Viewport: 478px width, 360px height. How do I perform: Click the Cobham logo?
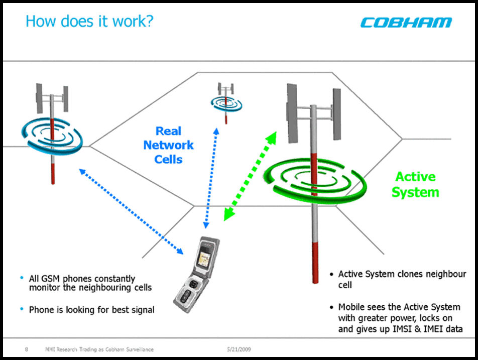coord(406,23)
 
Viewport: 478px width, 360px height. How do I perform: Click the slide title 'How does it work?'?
coord(89,22)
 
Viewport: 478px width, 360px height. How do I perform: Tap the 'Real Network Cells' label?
coord(168,145)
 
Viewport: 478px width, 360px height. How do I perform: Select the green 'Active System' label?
coord(415,184)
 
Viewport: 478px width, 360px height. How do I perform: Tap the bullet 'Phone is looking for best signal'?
coord(91,310)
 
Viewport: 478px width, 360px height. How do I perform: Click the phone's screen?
coord(205,253)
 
